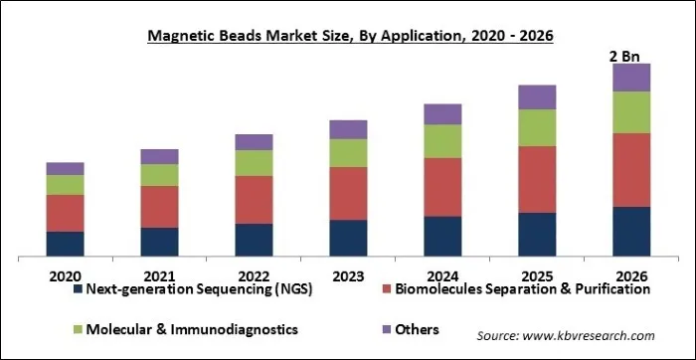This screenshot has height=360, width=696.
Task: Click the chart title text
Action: (348, 36)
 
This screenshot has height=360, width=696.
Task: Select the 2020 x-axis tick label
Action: (65, 274)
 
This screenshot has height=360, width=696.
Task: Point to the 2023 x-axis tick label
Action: (348, 274)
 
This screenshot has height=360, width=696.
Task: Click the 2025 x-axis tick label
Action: (537, 274)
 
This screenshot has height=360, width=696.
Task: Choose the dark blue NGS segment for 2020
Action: (65, 245)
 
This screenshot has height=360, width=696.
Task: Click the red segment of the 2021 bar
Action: (159, 207)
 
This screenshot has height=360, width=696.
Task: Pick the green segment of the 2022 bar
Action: (254, 163)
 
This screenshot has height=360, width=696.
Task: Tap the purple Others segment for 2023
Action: (348, 129)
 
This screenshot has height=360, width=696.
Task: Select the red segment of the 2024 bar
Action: (442, 187)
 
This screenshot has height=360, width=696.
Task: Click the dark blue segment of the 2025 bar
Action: (537, 235)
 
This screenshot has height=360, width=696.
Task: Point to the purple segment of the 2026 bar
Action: (631, 78)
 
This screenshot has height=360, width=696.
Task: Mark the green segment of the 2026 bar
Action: (631, 112)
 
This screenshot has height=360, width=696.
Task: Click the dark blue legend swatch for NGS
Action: (77, 290)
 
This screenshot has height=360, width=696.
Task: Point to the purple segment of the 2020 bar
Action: (65, 168)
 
